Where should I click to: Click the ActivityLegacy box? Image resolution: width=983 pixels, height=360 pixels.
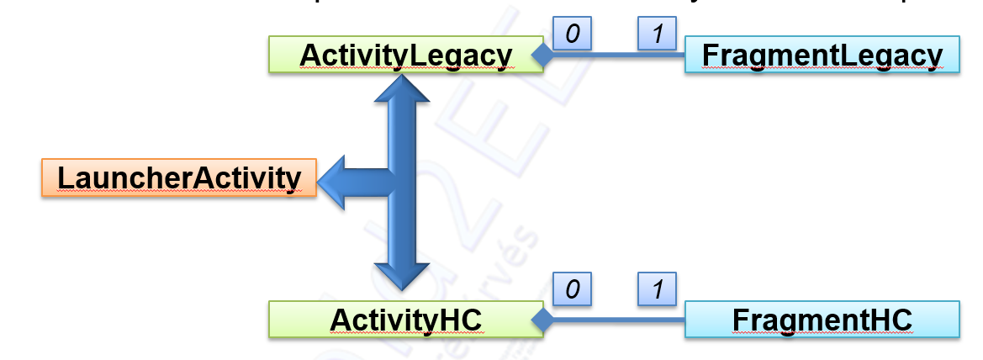[x=405, y=55]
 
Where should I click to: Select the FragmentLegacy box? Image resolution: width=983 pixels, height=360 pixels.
[x=822, y=55]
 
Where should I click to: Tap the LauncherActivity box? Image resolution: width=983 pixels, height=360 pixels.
[x=178, y=177]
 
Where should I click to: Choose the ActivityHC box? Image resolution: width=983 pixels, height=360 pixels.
[x=405, y=320]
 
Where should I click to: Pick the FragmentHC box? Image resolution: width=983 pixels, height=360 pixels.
[x=822, y=320]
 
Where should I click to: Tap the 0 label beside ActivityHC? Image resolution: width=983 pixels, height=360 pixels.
[x=573, y=289]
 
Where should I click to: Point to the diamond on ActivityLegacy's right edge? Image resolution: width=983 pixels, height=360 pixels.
[x=542, y=56]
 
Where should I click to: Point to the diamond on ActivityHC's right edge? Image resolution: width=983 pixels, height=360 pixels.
[x=542, y=320]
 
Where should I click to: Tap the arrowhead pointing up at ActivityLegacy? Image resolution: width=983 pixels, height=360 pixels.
[x=402, y=89]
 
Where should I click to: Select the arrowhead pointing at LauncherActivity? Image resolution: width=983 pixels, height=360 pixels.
[x=336, y=178]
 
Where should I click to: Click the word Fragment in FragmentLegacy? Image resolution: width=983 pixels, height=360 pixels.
[x=761, y=56]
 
